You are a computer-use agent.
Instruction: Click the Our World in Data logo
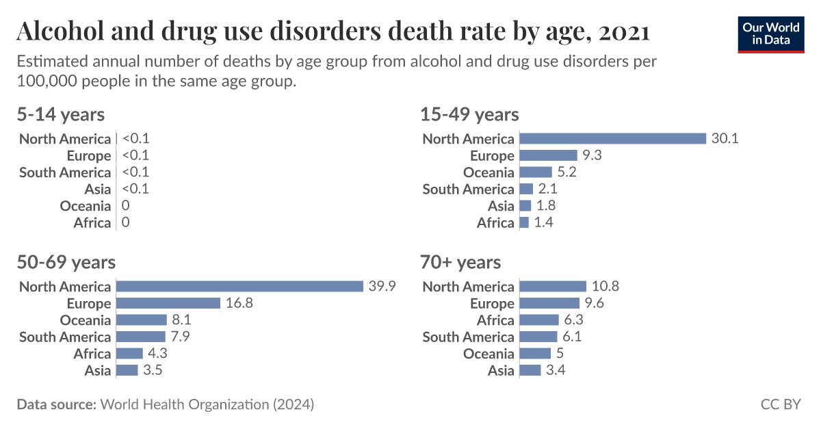tap(770, 33)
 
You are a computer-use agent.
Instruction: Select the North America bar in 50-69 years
tap(239, 286)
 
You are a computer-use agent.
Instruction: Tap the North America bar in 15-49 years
tap(612, 138)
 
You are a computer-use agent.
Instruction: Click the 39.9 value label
tap(382, 286)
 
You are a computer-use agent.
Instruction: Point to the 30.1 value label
tap(725, 138)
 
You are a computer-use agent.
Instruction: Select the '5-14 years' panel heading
tap(61, 114)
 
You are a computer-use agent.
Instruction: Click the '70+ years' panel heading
tap(462, 262)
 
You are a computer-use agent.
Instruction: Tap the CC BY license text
tap(781, 404)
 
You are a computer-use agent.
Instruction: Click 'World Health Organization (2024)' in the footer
tap(207, 404)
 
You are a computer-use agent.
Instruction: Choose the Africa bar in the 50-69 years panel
tap(129, 354)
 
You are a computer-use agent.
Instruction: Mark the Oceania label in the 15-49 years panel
tap(488, 172)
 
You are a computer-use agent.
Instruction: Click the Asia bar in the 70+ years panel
tap(530, 370)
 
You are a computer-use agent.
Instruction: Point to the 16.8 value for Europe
tap(239, 303)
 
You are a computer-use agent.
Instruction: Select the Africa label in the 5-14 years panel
tap(92, 222)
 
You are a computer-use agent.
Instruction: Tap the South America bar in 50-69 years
tap(141, 337)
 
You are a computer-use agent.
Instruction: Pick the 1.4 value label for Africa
tap(545, 222)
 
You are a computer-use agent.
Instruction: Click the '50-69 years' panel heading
tap(66, 262)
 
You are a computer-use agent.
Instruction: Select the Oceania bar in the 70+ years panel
tap(535, 354)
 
